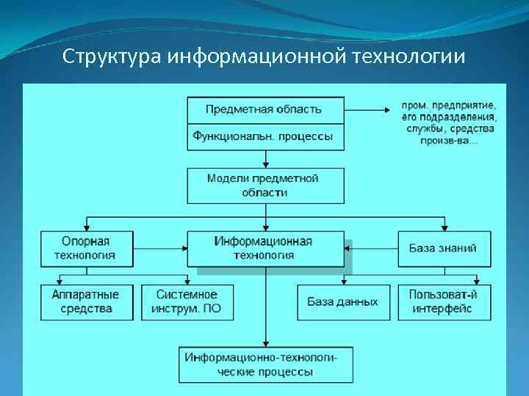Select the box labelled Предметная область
click(x=264, y=109)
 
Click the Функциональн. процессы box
click(x=264, y=136)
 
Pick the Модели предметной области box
click(x=264, y=186)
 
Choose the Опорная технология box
click(x=87, y=249)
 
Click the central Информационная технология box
click(x=264, y=249)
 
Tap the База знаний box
click(x=443, y=249)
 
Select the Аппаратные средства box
click(x=87, y=301)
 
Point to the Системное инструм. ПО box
click(x=187, y=301)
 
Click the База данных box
click(x=343, y=301)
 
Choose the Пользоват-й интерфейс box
click(x=443, y=301)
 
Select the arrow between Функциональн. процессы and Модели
click(x=265, y=159)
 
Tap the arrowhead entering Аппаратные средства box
click(x=60, y=280)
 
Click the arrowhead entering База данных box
click(x=343, y=280)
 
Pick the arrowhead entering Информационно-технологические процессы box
click(x=265, y=344)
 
